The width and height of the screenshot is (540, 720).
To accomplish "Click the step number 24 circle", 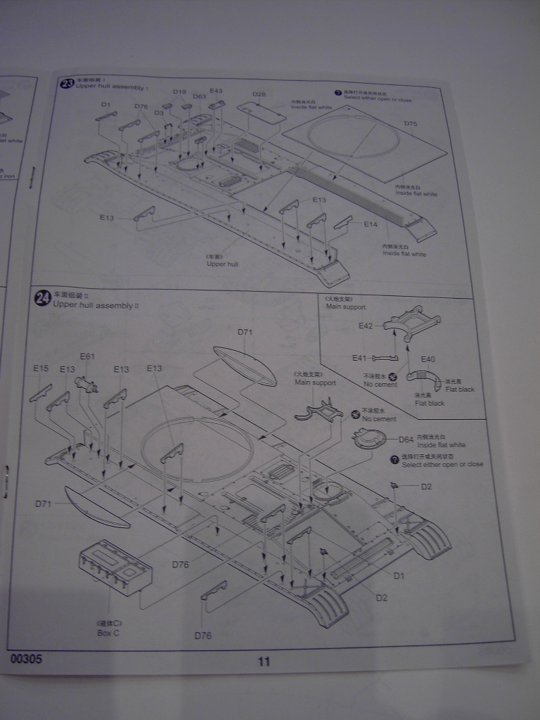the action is (43, 299).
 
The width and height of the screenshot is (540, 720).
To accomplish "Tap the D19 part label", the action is (179, 92).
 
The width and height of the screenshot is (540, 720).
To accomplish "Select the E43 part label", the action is (216, 91).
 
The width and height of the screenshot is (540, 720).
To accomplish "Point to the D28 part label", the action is (259, 94).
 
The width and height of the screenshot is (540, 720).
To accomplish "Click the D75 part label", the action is (411, 124).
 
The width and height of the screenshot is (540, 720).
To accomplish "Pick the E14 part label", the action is (371, 224).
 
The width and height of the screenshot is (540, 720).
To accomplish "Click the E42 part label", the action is (366, 326).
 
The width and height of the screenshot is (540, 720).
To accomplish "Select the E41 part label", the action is (360, 358).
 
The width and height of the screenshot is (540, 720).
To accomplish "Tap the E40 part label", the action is (427, 359).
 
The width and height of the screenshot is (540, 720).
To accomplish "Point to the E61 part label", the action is (87, 356).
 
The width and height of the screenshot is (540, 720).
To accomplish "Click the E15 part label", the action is (41, 368).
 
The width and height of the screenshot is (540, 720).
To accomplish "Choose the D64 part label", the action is (406, 439).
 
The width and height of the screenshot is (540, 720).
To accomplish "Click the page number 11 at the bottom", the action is (264, 661).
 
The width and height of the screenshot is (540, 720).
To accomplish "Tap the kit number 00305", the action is (27, 660).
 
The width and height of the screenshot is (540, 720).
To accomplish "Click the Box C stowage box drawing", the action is (115, 566).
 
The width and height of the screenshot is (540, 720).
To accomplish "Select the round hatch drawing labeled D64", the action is (371, 439).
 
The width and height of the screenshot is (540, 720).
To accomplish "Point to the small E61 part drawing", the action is (86, 384).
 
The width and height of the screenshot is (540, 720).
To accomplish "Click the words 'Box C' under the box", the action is (108, 633).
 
